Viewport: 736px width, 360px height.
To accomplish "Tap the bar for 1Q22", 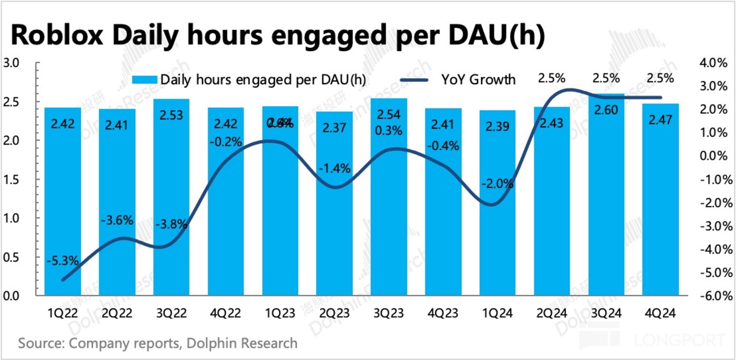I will tap(63, 211).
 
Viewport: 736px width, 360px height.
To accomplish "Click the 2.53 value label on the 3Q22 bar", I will tap(171, 115).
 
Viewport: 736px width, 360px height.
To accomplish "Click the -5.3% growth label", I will tap(63, 260).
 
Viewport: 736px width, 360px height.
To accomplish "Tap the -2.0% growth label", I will tap(497, 184).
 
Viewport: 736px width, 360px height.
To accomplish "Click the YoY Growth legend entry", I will tap(478, 79).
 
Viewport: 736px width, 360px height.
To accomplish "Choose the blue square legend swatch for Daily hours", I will tap(145, 79).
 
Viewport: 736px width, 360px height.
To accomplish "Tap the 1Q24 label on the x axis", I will tap(497, 313).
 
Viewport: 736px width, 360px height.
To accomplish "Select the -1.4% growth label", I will tap(334, 169).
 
